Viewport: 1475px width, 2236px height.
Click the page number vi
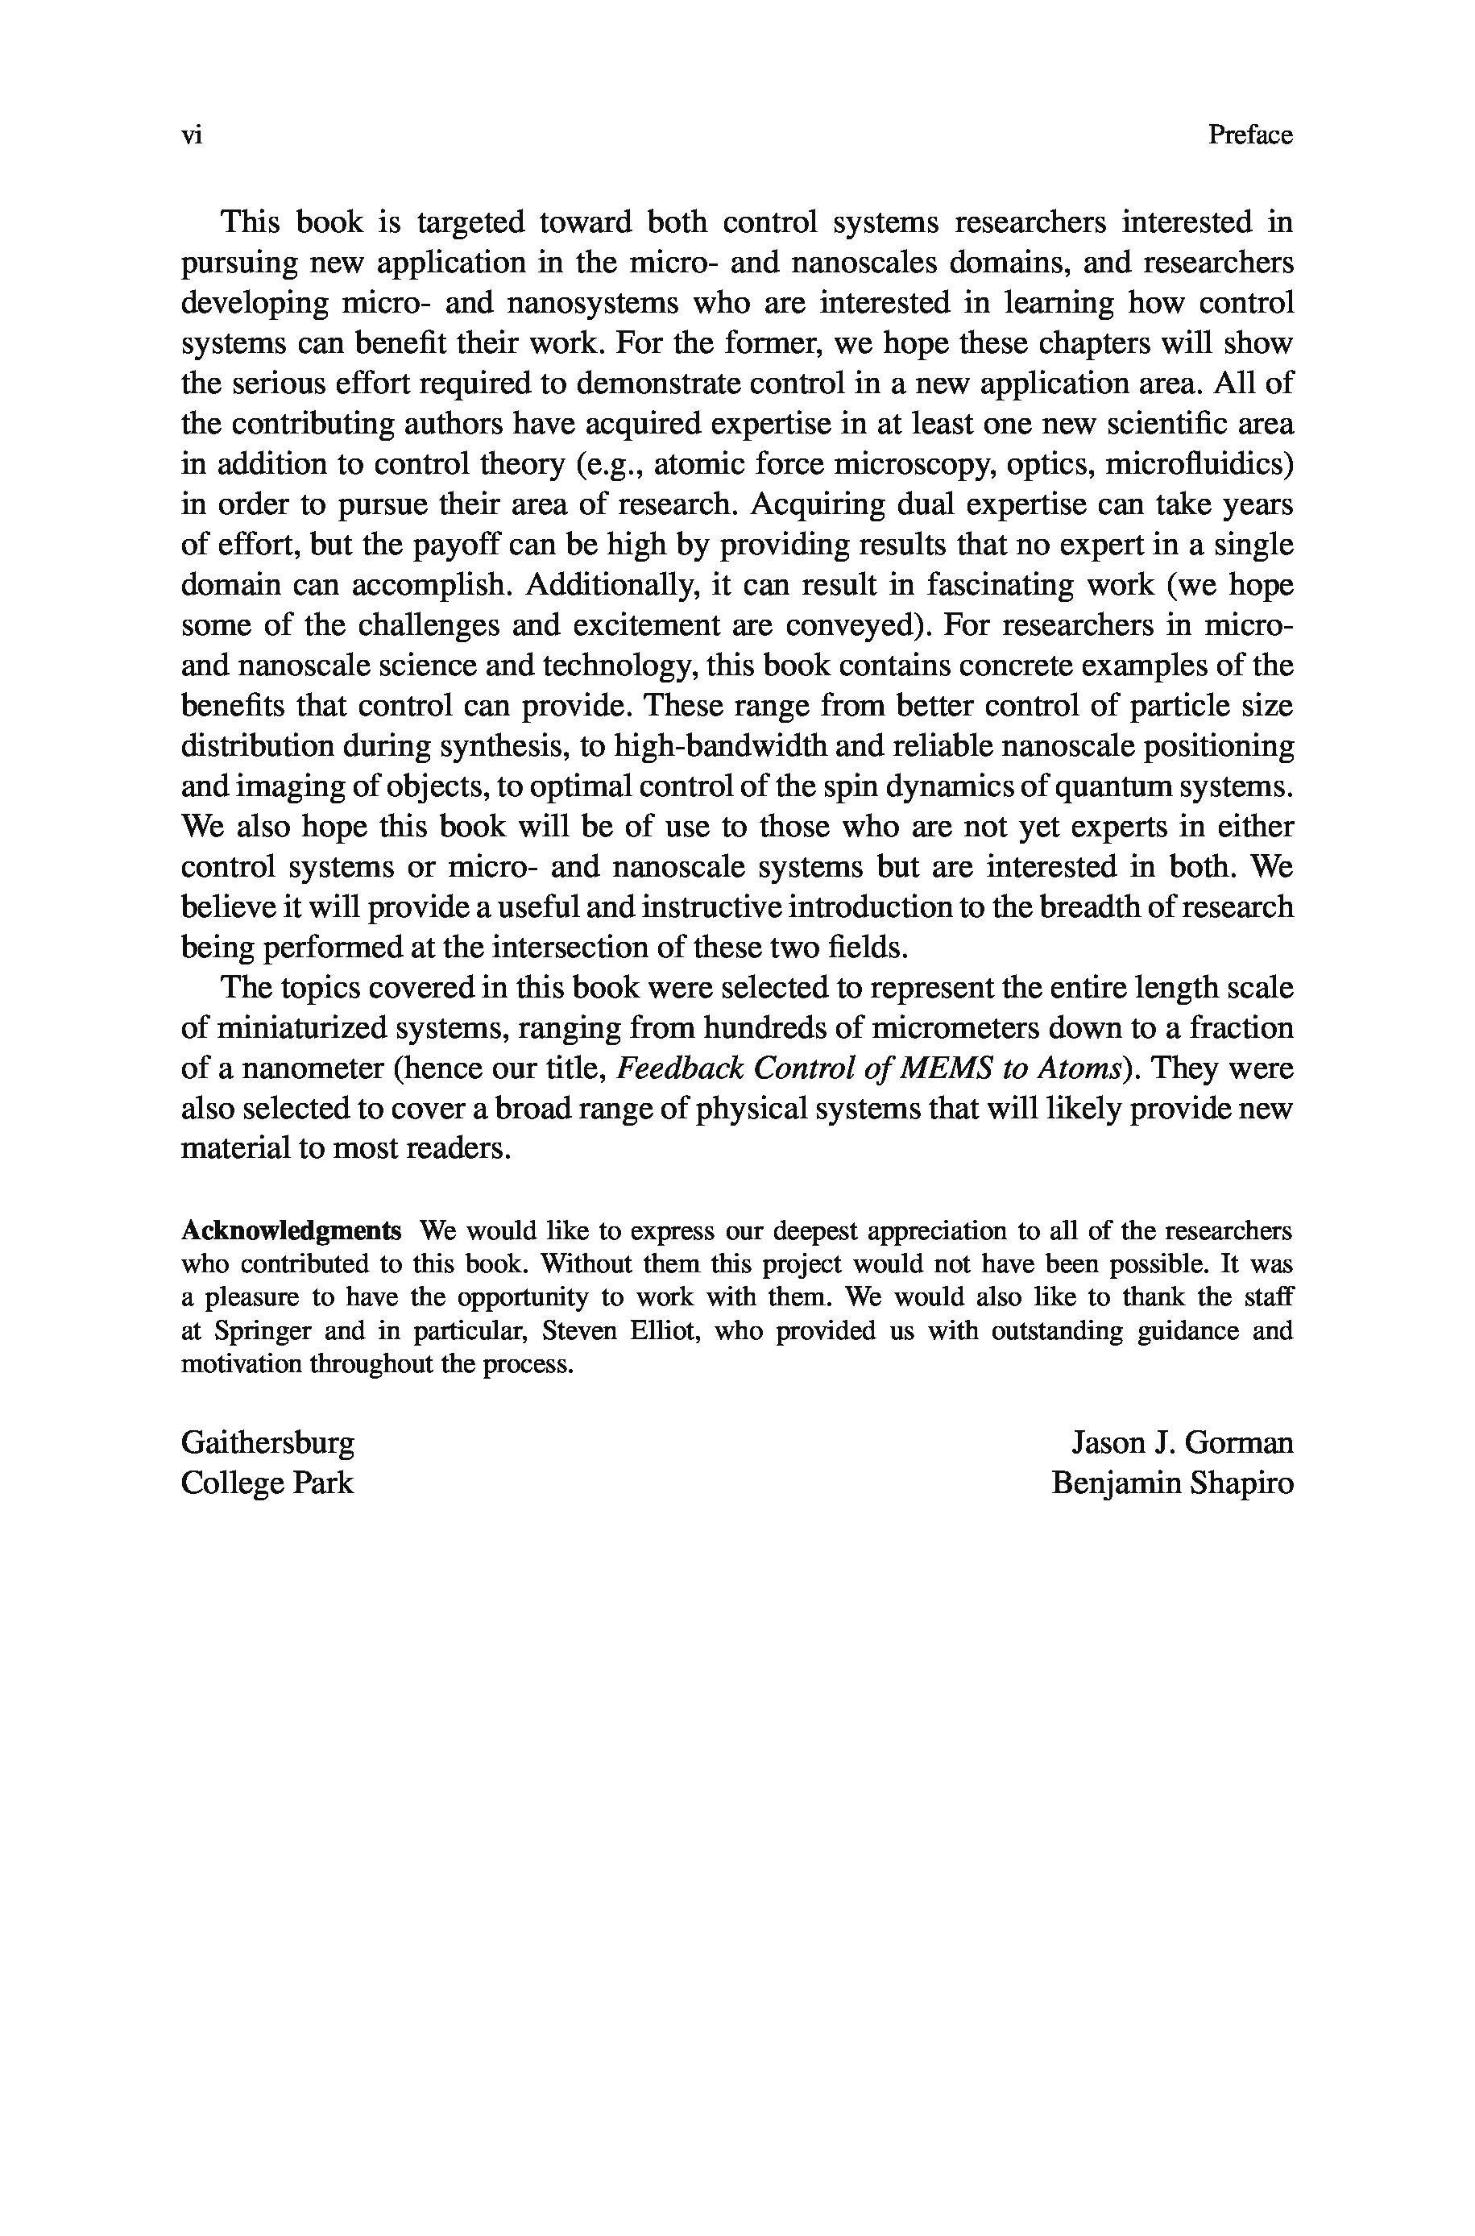click(x=191, y=136)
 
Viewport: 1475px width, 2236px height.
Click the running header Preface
click(x=1250, y=135)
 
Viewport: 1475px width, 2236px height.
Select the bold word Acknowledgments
click(x=292, y=1230)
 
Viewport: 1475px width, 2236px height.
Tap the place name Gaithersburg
click(x=268, y=1442)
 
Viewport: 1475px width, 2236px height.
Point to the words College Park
click(x=267, y=1483)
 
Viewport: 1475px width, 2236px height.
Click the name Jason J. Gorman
click(x=1183, y=1442)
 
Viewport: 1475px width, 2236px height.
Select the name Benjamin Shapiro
click(x=1172, y=1483)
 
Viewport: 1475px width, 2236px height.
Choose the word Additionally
click(x=615, y=585)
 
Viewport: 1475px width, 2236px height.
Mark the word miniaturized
click(x=301, y=1028)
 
